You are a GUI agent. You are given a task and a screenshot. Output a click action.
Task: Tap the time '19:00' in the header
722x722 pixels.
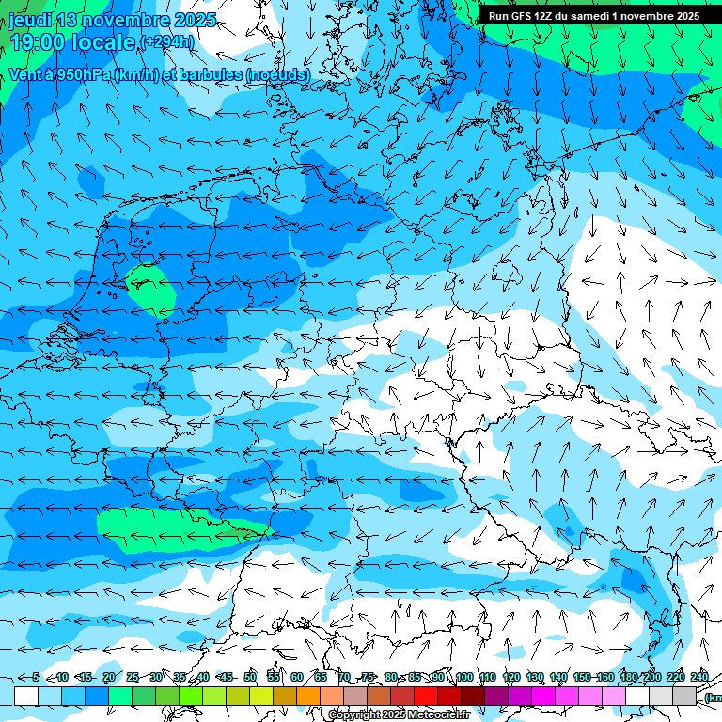pyautogui.click(x=39, y=42)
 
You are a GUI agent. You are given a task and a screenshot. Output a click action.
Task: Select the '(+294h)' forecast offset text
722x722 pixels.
pyautogui.click(x=167, y=42)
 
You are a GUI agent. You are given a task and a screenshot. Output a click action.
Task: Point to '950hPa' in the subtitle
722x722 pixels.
pyautogui.click(x=80, y=74)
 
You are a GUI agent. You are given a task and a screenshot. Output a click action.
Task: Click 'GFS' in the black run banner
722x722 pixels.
pyautogui.click(x=524, y=16)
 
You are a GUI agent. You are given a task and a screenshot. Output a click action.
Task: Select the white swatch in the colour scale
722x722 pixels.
pyautogui.click(x=26, y=696)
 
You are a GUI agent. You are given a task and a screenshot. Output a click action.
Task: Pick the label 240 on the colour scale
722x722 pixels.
pyautogui.click(x=699, y=678)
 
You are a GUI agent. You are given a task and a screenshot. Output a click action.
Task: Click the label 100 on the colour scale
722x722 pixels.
pyautogui.click(x=464, y=678)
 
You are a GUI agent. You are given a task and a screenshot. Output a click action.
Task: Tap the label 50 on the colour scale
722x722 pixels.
pyautogui.click(x=250, y=678)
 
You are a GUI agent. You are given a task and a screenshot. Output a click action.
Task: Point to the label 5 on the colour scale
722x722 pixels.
pyautogui.click(x=36, y=678)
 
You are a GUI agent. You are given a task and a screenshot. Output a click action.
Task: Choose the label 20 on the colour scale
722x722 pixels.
pyautogui.click(x=109, y=678)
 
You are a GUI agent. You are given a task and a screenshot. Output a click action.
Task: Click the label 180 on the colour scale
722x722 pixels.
pyautogui.click(x=629, y=678)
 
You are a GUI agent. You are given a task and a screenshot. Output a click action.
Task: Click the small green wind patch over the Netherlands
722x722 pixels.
pyautogui.click(x=150, y=289)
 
